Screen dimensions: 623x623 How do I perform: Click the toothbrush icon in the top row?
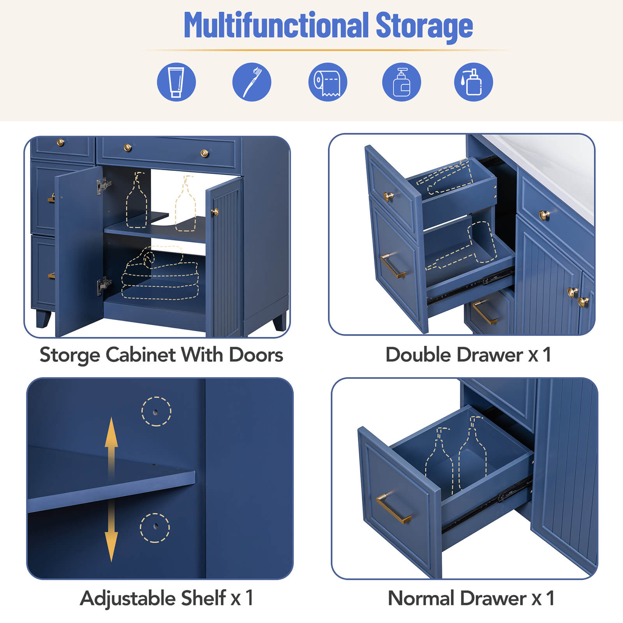click(x=252, y=82)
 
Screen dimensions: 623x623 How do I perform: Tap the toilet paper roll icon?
click(x=327, y=82)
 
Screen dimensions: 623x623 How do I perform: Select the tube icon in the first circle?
click(x=176, y=82)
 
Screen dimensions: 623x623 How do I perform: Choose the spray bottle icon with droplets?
click(x=473, y=82)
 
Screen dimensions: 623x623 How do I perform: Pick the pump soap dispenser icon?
click(x=401, y=82)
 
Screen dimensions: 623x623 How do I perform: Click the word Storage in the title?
click(x=424, y=26)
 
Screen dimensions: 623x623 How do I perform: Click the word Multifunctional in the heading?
click(x=276, y=26)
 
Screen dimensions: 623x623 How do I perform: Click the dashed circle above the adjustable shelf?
click(x=156, y=412)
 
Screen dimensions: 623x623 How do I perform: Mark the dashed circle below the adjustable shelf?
click(x=155, y=528)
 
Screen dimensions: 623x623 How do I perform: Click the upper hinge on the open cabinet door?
click(x=103, y=186)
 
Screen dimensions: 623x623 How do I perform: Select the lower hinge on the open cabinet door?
click(x=104, y=285)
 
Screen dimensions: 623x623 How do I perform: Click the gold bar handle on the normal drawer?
click(x=393, y=509)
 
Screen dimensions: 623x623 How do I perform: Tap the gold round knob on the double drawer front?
click(x=388, y=196)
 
